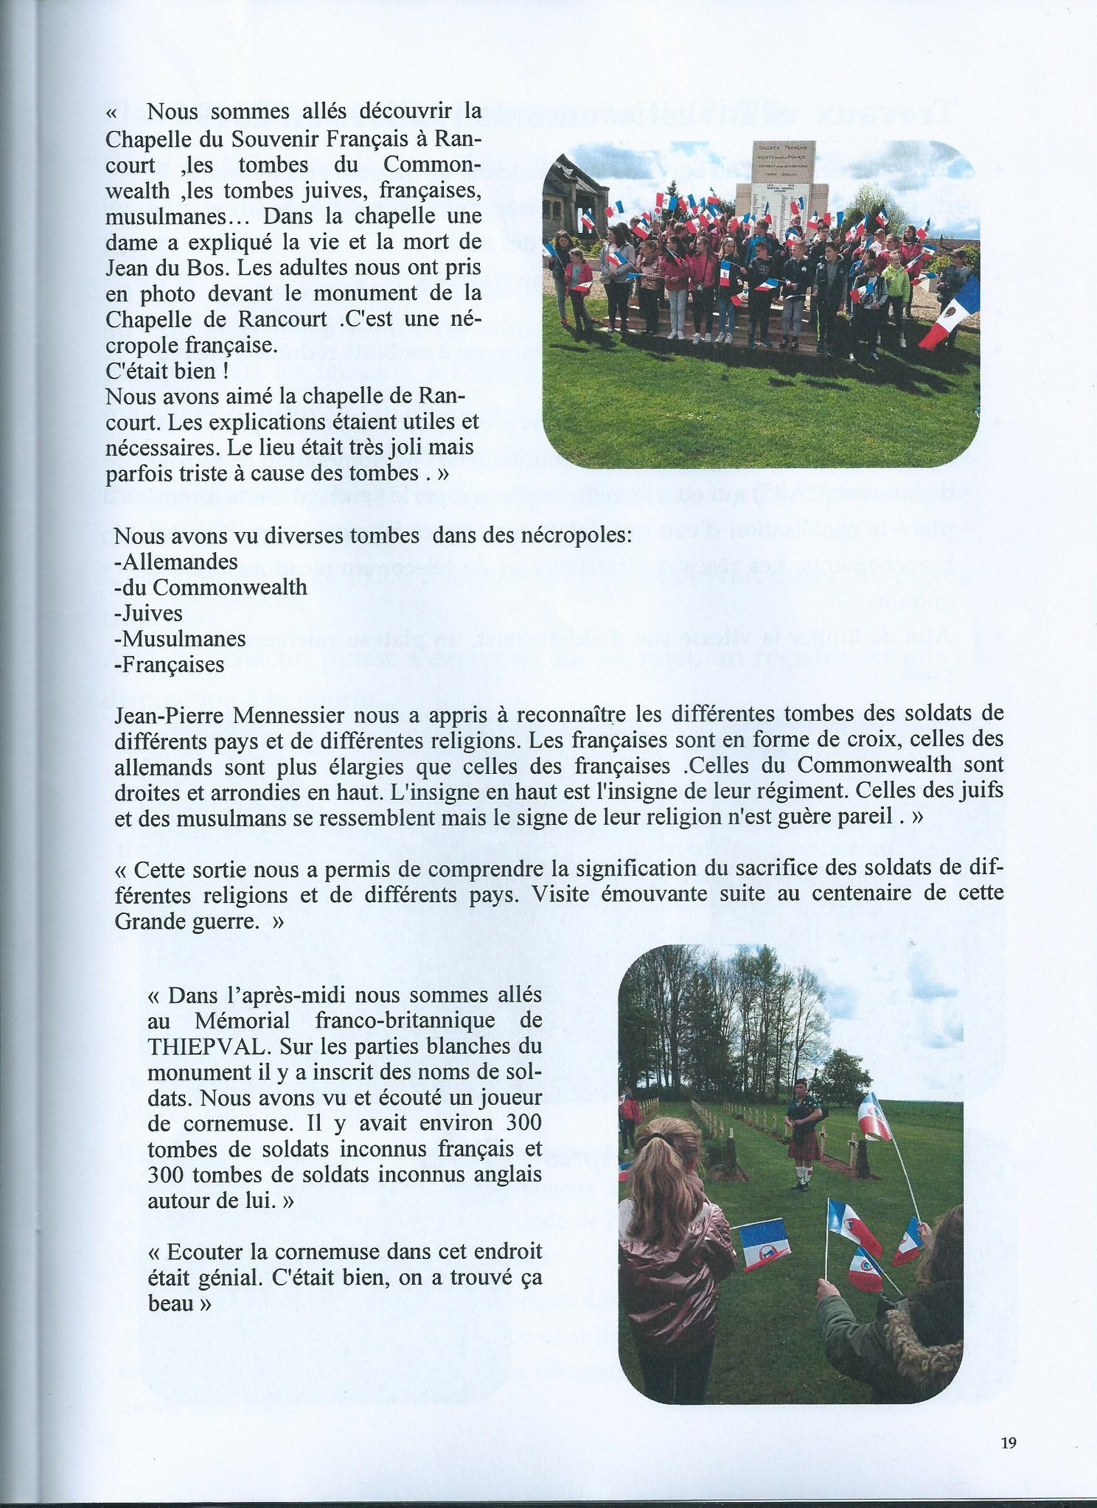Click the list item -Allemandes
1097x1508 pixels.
(176, 562)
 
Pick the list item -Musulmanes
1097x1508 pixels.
(180, 638)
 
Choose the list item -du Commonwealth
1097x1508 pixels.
(211, 587)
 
